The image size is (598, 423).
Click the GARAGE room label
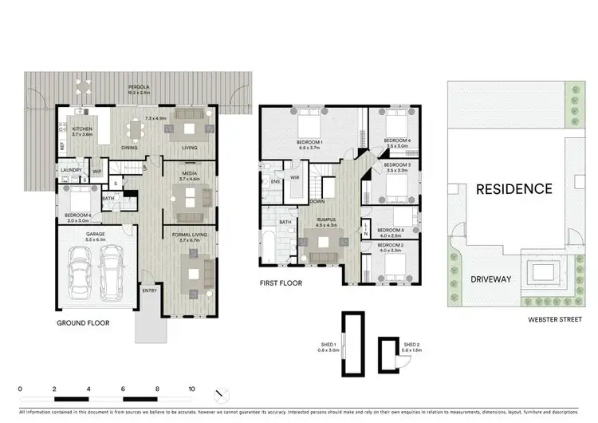(x=96, y=235)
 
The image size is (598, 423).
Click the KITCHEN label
(x=83, y=128)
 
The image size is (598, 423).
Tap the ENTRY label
(x=149, y=291)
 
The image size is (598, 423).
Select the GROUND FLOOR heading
(x=83, y=323)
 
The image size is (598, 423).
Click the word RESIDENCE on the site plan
(x=513, y=189)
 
